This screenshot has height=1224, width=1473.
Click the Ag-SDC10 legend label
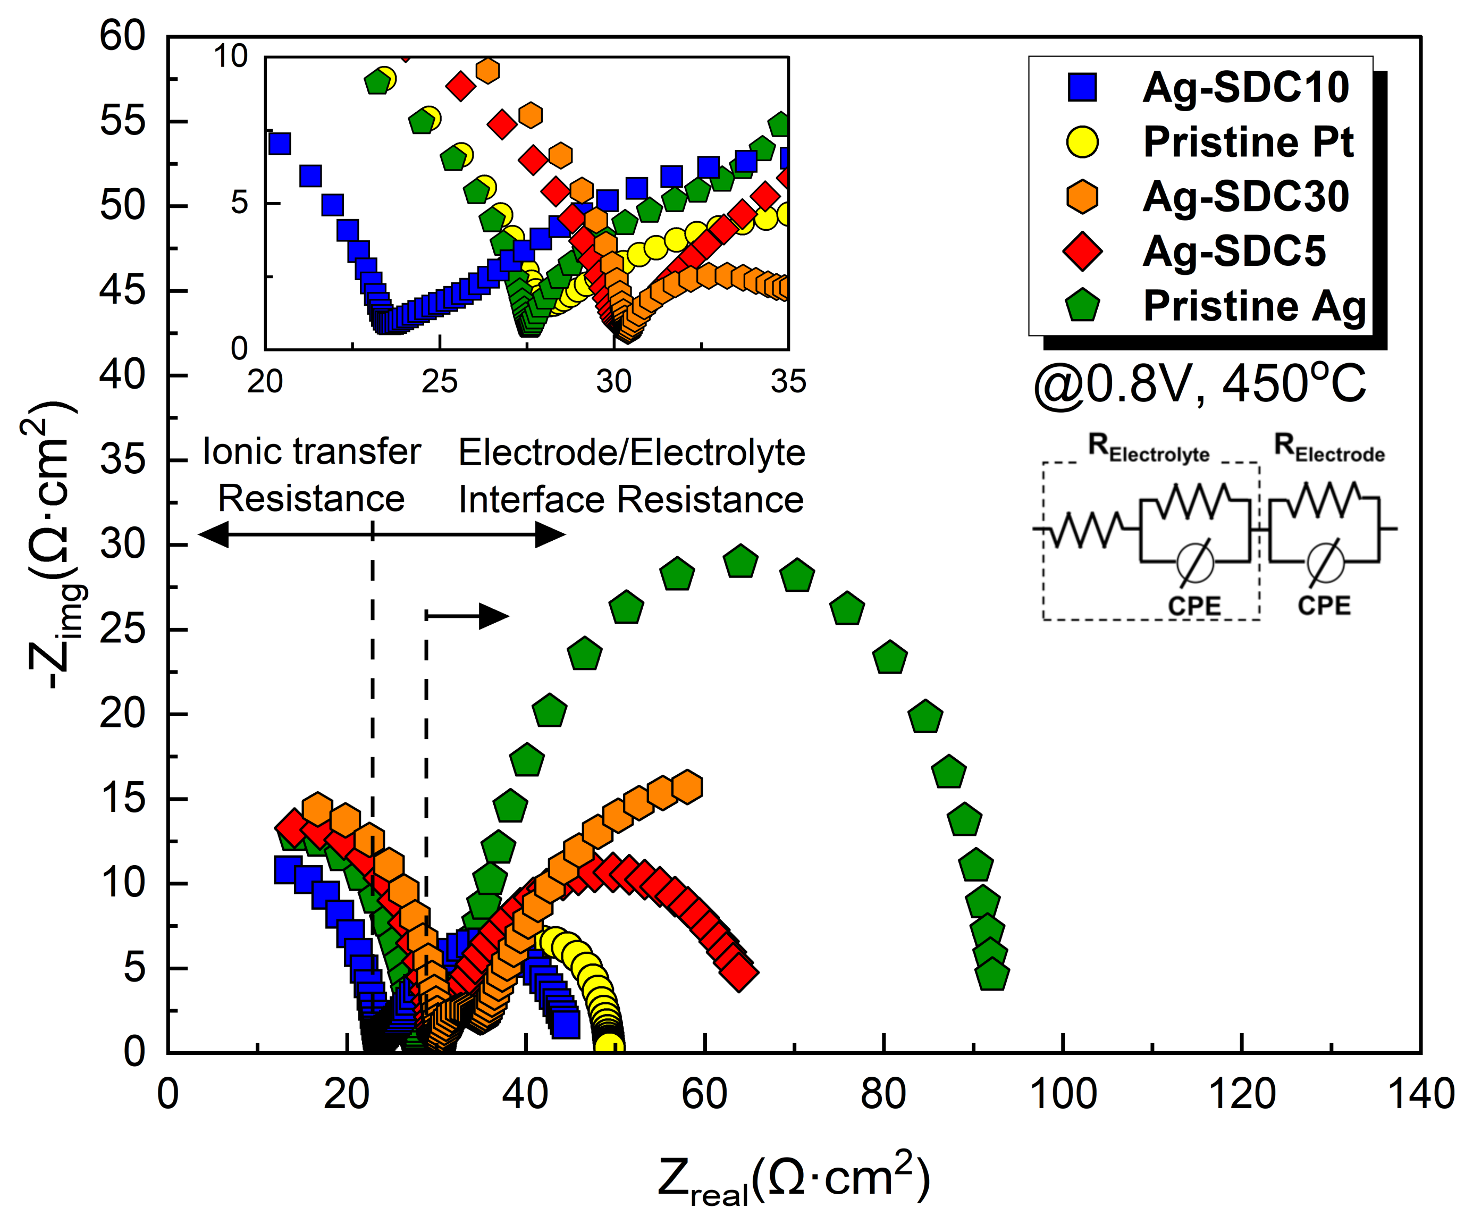[x=1245, y=88]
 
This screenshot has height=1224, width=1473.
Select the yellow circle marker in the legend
[x=1082, y=141]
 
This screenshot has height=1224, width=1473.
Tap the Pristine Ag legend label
[x=1254, y=306]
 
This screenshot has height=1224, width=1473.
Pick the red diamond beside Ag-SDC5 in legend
[x=1082, y=251]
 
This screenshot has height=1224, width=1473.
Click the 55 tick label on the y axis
[x=123, y=121]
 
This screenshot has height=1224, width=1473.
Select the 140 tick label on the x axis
[x=1421, y=1094]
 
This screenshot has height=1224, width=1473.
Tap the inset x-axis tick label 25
[x=439, y=382]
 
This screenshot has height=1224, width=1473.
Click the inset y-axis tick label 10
[x=231, y=56]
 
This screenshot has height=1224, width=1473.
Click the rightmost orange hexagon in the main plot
[x=687, y=787]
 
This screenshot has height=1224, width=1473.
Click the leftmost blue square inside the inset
[x=279, y=144]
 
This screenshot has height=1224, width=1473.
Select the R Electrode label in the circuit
[x=1328, y=448]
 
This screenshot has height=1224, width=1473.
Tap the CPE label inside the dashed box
[x=1194, y=605]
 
